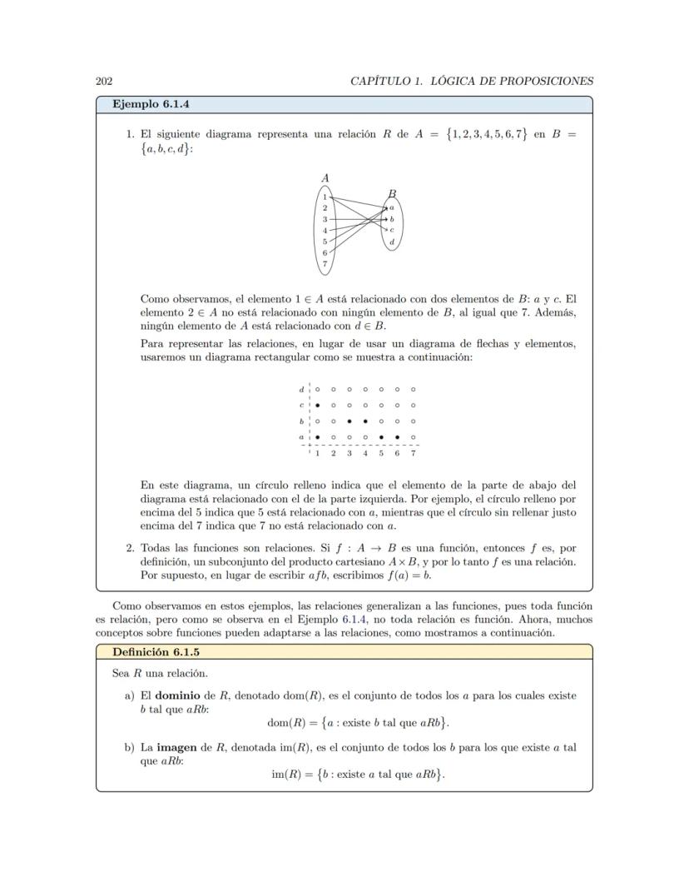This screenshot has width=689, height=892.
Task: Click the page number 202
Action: coord(104,81)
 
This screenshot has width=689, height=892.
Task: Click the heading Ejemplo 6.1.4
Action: coord(152,104)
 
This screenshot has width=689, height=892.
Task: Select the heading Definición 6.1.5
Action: coord(156,651)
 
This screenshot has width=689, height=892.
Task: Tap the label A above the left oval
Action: coord(325,177)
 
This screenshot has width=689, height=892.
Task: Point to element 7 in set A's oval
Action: coord(325,263)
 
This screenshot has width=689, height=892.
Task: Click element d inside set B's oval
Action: coord(391,242)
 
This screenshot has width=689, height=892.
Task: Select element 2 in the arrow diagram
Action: coord(325,207)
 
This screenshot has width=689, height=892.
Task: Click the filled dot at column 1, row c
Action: coord(317,405)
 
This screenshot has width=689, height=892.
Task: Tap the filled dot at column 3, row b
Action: coord(349,421)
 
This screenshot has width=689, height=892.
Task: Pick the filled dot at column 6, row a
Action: coord(397,436)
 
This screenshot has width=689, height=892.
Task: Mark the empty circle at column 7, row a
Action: coord(413,436)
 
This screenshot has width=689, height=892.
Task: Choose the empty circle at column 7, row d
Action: coord(413,389)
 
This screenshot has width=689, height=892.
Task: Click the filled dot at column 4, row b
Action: coord(365,421)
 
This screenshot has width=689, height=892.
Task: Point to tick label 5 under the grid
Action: coord(381,453)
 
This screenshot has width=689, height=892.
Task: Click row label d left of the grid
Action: coord(301,389)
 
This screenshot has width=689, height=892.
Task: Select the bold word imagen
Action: coord(176,747)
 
